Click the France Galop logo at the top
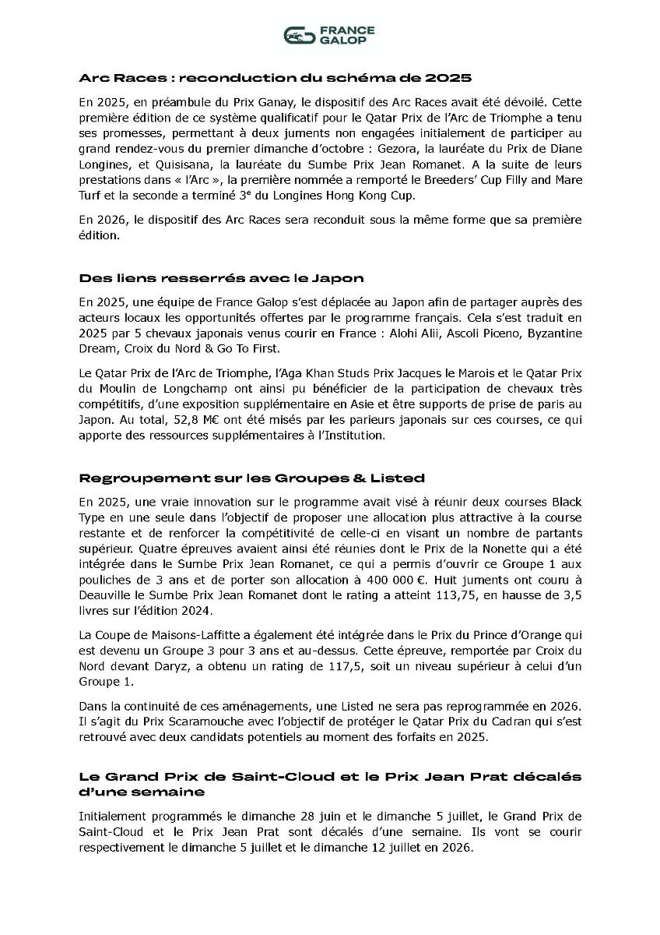(x=329, y=35)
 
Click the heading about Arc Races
(x=276, y=78)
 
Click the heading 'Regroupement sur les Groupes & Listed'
(x=251, y=478)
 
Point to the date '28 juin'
(x=318, y=817)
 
